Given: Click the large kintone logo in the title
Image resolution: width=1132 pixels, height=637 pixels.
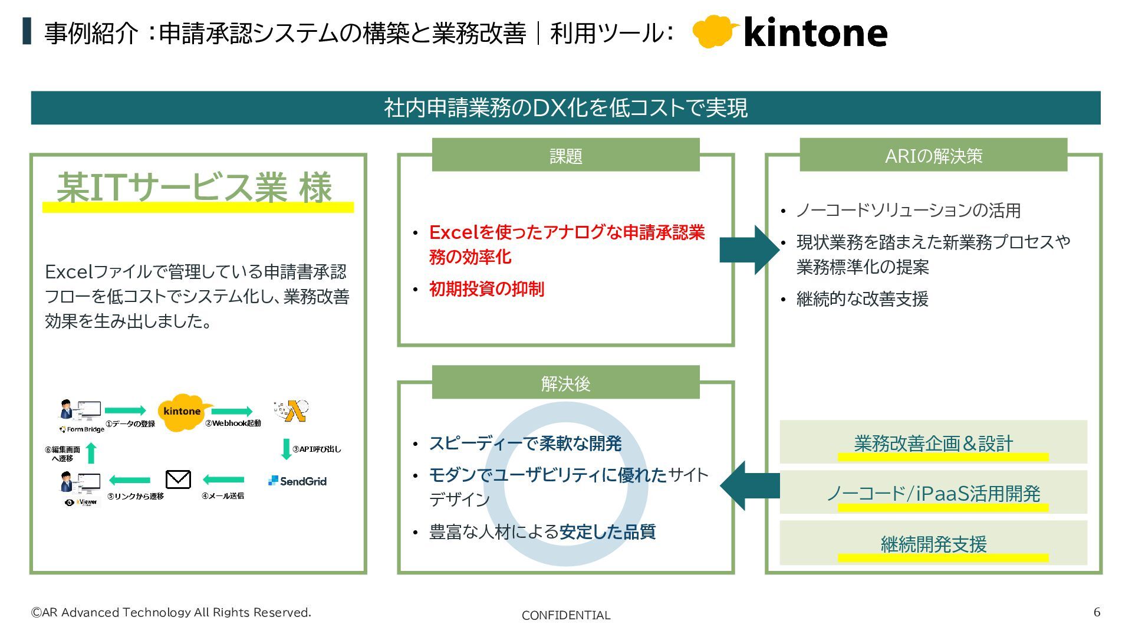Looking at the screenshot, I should tap(790, 32).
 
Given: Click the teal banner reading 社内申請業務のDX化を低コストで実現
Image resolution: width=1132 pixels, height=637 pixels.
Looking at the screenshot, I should tap(565, 108).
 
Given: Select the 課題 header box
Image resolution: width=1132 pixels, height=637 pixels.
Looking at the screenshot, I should tap(565, 155).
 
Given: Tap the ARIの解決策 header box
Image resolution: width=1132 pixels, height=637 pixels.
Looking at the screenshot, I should tap(933, 155).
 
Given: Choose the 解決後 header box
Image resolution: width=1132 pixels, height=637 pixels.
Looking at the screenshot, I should tap(565, 383).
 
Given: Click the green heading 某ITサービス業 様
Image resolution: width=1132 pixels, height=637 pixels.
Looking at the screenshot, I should tap(195, 188).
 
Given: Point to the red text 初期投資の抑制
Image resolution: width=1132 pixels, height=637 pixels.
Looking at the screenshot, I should tap(486, 289).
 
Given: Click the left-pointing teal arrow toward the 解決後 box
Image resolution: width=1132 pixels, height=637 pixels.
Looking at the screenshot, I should tap(749, 485).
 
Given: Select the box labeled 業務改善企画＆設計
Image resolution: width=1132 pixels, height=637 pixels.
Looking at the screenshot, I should tap(933, 442).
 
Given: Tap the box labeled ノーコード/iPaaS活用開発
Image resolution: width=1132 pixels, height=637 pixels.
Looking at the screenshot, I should tap(933, 492).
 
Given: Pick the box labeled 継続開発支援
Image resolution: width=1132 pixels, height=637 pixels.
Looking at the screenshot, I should tap(933, 543).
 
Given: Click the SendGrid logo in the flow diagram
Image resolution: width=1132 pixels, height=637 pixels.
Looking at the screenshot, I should tap(297, 481).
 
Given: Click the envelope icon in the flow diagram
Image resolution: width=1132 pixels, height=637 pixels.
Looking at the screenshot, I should tap(178, 480).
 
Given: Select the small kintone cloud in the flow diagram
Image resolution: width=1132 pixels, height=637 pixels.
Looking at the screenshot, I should tap(182, 412).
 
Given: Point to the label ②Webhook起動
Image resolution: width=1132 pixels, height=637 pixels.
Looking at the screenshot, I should tap(233, 423).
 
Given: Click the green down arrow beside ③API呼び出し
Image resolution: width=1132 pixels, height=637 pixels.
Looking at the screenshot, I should tap(287, 449).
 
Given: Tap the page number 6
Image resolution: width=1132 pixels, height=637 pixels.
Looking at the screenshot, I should tap(1097, 612).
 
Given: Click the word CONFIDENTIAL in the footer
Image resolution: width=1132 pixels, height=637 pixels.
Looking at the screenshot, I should tap(565, 615).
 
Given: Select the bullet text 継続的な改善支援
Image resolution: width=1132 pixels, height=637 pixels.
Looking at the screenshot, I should tap(862, 299).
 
